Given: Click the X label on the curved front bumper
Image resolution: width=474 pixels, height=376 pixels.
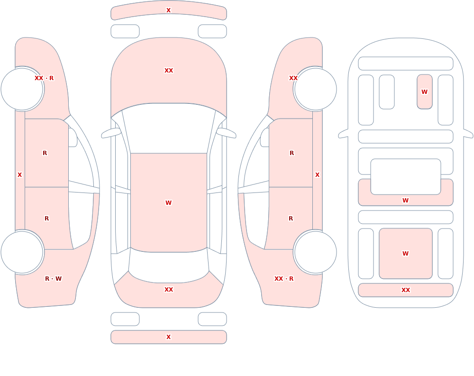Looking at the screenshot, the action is click(x=168, y=10).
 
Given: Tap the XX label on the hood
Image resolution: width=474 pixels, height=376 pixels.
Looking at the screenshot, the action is click(x=169, y=71).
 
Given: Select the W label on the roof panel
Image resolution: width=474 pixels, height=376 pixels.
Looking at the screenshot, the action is click(x=168, y=202).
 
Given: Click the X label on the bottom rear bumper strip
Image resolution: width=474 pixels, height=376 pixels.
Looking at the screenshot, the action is click(x=168, y=337).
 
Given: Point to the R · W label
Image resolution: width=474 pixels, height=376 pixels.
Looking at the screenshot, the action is click(x=53, y=279).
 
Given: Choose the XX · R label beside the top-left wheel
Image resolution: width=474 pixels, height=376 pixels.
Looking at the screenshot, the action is click(x=44, y=78).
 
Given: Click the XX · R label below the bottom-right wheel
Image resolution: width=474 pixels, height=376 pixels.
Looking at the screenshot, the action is click(x=284, y=279).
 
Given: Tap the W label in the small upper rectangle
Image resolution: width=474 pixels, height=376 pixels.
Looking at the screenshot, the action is click(x=424, y=92).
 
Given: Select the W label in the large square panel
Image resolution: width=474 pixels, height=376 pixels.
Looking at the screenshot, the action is click(x=405, y=254).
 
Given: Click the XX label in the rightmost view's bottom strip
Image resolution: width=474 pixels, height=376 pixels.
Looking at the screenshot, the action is click(x=406, y=290).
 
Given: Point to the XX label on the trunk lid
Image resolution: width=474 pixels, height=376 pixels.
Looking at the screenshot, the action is click(x=169, y=290).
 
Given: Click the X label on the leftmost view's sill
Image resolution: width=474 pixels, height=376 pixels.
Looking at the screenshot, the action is click(x=19, y=175).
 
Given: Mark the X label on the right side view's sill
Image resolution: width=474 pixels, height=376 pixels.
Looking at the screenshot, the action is click(x=317, y=175).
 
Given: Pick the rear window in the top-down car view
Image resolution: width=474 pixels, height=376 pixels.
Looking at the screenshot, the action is click(x=169, y=266).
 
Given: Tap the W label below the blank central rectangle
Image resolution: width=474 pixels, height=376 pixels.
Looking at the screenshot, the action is click(x=405, y=200).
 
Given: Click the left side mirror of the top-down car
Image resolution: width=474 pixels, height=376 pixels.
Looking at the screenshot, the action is click(x=110, y=133).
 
